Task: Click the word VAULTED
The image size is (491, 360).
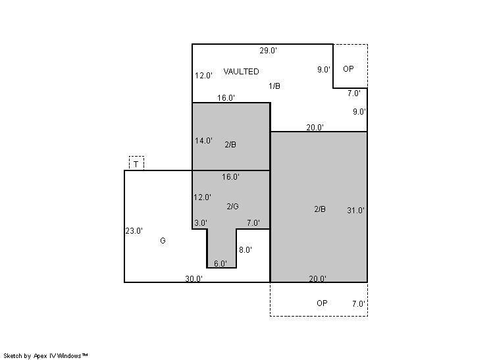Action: (x=241, y=71)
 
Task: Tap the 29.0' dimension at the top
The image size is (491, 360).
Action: (x=268, y=51)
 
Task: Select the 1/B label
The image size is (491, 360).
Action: (x=274, y=86)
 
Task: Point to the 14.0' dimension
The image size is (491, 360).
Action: (x=203, y=141)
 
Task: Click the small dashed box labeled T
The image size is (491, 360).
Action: (x=136, y=163)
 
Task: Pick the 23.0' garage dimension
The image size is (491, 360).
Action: (x=134, y=231)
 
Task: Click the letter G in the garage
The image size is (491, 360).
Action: (x=163, y=240)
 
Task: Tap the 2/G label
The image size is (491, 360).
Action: (x=232, y=206)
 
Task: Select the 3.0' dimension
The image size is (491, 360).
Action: (x=201, y=223)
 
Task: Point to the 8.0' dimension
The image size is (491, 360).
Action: (x=245, y=250)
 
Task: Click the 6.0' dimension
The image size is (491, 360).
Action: (x=220, y=263)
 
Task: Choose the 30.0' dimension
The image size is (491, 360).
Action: (x=194, y=278)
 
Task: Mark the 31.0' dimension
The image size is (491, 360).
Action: (x=355, y=211)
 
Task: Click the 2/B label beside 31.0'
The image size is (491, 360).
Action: (x=320, y=209)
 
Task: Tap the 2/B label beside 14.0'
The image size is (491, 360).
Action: (x=230, y=144)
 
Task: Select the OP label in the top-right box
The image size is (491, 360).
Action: (x=348, y=69)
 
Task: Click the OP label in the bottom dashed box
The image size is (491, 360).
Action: (x=322, y=303)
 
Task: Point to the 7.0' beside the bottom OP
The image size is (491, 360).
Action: (x=359, y=303)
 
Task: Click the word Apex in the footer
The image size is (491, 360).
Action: (x=40, y=356)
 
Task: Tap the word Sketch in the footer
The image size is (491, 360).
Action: (x=13, y=355)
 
